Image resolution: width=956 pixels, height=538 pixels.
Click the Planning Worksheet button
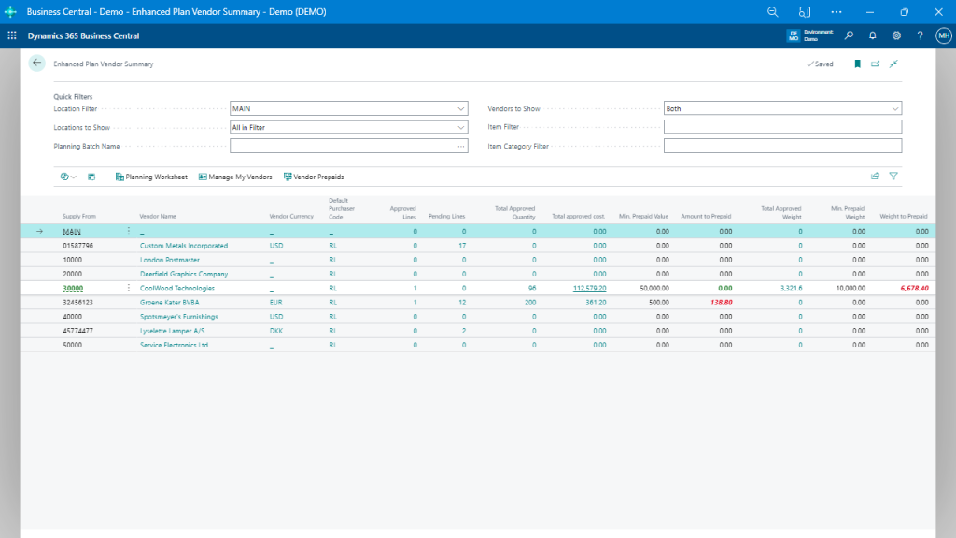point(151,177)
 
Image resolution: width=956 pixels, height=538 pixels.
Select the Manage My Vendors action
point(235,177)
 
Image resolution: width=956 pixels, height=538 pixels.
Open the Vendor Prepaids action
point(314,177)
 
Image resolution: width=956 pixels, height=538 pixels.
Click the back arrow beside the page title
point(37,64)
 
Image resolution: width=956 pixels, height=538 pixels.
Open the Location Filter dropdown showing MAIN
point(349,108)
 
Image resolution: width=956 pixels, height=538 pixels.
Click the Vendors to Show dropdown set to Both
point(782,108)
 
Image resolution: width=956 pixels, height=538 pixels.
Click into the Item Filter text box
point(782,127)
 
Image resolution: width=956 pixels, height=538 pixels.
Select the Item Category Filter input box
point(782,146)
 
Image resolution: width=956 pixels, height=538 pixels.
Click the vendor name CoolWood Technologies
point(176,289)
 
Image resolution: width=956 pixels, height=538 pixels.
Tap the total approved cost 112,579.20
point(589,289)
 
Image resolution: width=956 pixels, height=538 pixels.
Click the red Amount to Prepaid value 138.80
point(720,303)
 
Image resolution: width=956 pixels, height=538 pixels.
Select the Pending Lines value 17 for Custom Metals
point(461,246)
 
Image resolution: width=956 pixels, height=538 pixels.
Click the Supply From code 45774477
point(77,331)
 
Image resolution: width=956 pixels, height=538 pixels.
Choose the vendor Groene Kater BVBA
point(170,303)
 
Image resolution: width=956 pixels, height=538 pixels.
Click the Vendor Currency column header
point(291,216)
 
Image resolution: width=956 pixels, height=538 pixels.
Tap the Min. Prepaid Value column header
point(643,216)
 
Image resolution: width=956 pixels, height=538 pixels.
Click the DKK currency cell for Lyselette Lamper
point(276,331)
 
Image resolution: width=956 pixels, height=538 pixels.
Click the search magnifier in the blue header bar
point(849,35)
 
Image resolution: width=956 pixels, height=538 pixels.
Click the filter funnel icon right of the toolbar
point(893,176)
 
